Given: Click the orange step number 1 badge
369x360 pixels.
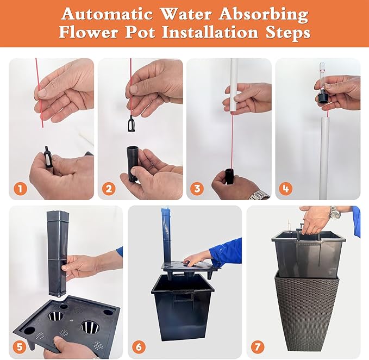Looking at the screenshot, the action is [x=20, y=189].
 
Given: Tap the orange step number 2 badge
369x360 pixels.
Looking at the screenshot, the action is [x=109, y=189].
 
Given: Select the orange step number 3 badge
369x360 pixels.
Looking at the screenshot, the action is [x=197, y=189].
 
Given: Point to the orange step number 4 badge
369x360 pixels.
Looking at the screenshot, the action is [x=286, y=189].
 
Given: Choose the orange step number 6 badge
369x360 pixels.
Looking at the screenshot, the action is [x=139, y=347].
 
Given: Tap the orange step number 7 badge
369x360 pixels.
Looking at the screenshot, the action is [x=258, y=347].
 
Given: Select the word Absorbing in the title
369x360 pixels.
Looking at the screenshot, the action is [x=264, y=15].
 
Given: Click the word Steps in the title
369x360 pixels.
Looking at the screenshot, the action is [x=288, y=33].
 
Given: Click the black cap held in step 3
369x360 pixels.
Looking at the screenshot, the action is [x=229, y=176].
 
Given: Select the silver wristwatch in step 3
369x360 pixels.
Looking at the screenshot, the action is [x=260, y=195].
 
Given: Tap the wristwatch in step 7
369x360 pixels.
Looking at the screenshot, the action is [x=335, y=213].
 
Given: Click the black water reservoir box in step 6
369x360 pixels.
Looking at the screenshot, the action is [x=182, y=307].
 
